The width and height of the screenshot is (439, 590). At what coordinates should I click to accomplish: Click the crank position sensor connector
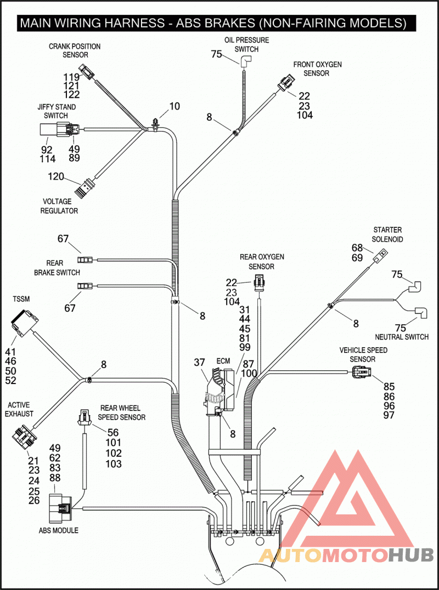[x=86, y=72]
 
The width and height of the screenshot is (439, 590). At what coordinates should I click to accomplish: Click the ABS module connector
[x=61, y=507]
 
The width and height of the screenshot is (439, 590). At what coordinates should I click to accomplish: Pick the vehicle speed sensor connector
[x=361, y=373]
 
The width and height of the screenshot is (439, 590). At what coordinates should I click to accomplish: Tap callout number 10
[x=175, y=106]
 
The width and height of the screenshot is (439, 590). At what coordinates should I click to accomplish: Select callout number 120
[x=56, y=176]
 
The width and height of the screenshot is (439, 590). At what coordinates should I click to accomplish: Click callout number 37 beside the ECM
[x=200, y=363]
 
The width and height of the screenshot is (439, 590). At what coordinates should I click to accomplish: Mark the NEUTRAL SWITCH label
[x=402, y=337]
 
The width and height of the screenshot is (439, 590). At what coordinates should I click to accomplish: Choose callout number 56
[x=114, y=432]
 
